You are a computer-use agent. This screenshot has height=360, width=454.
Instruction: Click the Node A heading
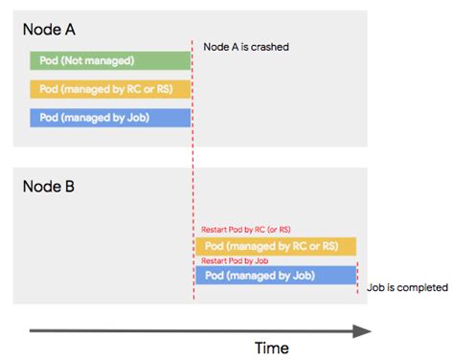(50, 30)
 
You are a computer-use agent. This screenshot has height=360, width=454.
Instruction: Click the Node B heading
(50, 185)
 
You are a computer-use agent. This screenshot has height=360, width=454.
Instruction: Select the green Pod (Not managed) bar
(110, 61)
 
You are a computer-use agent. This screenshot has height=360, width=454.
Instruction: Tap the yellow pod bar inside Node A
(110, 90)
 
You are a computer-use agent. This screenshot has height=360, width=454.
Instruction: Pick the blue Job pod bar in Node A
(110, 118)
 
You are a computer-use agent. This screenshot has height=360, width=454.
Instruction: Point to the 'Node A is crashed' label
(246, 47)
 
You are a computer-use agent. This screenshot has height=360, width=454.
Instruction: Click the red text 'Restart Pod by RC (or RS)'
(248, 231)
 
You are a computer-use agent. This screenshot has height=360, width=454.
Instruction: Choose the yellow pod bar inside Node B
(276, 246)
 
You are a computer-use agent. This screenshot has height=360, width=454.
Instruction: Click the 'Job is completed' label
(407, 287)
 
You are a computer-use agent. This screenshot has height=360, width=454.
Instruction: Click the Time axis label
(271, 348)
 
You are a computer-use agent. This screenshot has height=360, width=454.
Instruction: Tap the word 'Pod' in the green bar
(49, 61)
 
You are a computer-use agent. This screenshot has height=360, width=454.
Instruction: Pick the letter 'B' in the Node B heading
(72, 185)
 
